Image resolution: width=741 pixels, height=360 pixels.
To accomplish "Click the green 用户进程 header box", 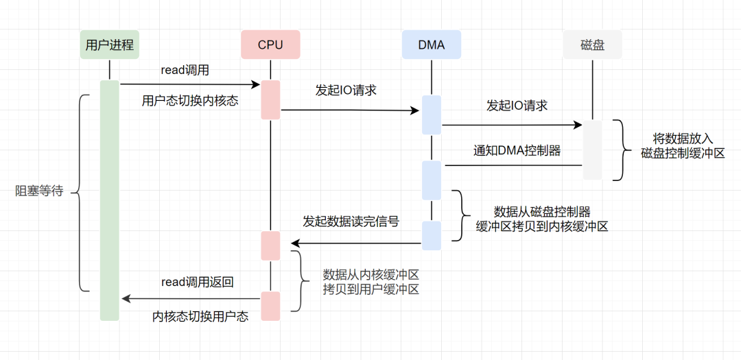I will tap(110, 45).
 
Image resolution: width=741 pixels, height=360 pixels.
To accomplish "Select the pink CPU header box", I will tap(270, 45).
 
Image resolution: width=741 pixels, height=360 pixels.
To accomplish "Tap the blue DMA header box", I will tap(431, 45).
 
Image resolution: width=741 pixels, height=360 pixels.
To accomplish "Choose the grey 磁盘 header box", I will tap(591, 45).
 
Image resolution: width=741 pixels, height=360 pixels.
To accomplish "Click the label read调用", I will tap(185, 70).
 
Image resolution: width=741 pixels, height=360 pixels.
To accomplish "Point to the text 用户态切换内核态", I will tap(190, 101).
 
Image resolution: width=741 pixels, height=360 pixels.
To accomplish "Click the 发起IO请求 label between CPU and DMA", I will tap(346, 90).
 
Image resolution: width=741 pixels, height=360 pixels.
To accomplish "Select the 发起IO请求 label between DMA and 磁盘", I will tap(517, 106).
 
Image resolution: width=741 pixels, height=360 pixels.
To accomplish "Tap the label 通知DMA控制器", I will tap(517, 150).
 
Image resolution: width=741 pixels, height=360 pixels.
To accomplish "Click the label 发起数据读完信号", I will tap(351, 221).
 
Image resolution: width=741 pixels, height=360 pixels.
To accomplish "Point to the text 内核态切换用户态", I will tap(200, 316).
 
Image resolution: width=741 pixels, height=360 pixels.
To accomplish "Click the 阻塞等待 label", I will tap(39, 191).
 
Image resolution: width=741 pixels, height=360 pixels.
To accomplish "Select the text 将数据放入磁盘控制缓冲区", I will tap(683, 146).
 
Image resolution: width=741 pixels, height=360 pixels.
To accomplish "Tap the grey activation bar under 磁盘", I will tap(592, 149).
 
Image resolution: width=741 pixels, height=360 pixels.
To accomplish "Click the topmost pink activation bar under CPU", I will tap(270, 100).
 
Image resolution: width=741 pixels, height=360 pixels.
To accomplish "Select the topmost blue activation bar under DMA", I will tap(432, 115).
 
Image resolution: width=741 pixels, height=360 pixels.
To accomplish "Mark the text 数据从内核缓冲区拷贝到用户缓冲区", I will tap(370, 282).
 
